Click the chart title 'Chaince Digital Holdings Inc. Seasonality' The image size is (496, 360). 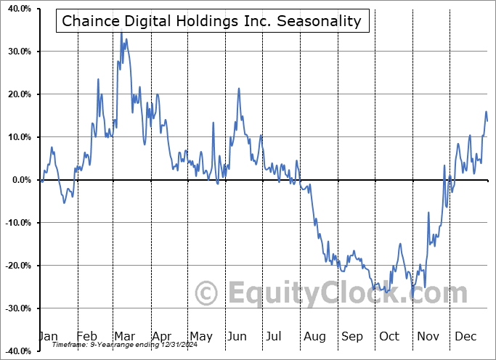[x=211, y=20]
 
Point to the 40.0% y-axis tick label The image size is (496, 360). [x=17, y=9]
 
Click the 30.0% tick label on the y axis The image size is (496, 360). [x=17, y=52]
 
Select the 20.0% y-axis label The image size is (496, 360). [x=17, y=94]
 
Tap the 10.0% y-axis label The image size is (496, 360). [x=17, y=137]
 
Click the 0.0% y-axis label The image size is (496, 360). [x=19, y=180]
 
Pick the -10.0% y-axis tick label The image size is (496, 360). [x=16, y=223]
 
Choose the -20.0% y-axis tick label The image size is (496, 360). [x=16, y=266]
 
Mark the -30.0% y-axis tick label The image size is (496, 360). [x=16, y=308]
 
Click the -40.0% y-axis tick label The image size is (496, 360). [x=16, y=351]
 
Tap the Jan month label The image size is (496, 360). [x=48, y=336]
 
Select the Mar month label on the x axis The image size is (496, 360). [x=124, y=336]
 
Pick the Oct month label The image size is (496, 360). [x=389, y=336]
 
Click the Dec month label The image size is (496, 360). [x=465, y=336]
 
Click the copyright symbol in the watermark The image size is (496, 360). [x=208, y=293]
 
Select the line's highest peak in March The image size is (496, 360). [x=121, y=33]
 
